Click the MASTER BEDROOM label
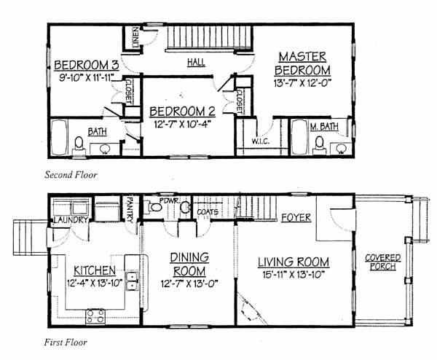click(302, 63)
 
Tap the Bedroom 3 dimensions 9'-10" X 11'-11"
click(87, 77)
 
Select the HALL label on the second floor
click(196, 62)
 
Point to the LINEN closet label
click(135, 37)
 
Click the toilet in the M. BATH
click(320, 145)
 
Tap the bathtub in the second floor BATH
click(59, 137)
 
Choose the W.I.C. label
click(261, 141)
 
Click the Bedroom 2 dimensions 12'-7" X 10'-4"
click(182, 124)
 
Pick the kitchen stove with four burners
click(95, 317)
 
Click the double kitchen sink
click(132, 281)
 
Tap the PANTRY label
click(130, 210)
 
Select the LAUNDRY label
click(71, 220)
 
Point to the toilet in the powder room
click(154, 207)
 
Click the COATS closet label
click(208, 212)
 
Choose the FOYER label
click(296, 217)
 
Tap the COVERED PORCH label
click(383, 262)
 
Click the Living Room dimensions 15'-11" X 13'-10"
click(294, 275)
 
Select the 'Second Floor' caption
click(71, 175)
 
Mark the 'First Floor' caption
click(66, 343)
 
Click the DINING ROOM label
click(189, 264)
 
